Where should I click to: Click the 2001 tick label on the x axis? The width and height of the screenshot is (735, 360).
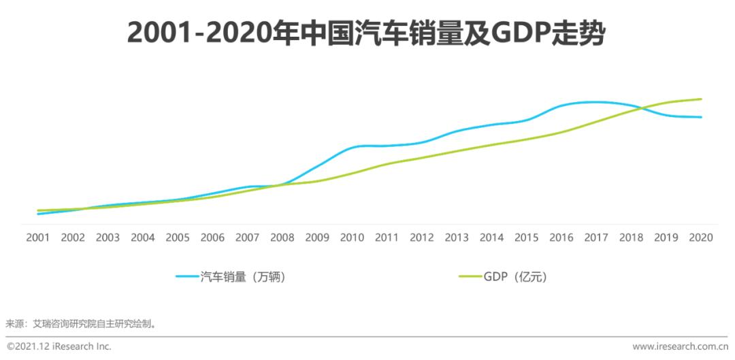point(38,238)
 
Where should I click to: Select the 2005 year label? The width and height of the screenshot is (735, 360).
point(178,238)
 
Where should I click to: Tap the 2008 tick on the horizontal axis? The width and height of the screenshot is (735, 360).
point(282,238)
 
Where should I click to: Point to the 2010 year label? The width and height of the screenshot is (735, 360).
point(352,238)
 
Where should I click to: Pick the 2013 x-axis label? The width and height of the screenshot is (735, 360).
point(457,238)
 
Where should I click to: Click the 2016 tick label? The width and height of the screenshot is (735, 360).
point(561,238)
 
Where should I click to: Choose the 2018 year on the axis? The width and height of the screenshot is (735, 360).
point(631,238)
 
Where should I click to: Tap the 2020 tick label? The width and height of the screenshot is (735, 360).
point(701,238)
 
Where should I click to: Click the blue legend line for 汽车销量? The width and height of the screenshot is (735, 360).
point(187,276)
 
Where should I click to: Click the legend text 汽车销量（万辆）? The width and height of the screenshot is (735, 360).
point(242,276)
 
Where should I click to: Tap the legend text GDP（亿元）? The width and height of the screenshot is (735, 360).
point(515,276)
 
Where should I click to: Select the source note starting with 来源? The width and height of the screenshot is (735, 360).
point(82,323)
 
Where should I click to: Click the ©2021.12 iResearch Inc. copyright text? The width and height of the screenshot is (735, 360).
point(59,346)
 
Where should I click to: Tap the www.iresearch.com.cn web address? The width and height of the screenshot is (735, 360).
point(680,346)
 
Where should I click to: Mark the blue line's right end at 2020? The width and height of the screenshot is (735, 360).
point(701,117)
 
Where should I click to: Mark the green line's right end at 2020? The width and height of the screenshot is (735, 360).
point(701,99)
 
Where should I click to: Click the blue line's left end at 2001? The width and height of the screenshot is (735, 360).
point(38,214)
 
